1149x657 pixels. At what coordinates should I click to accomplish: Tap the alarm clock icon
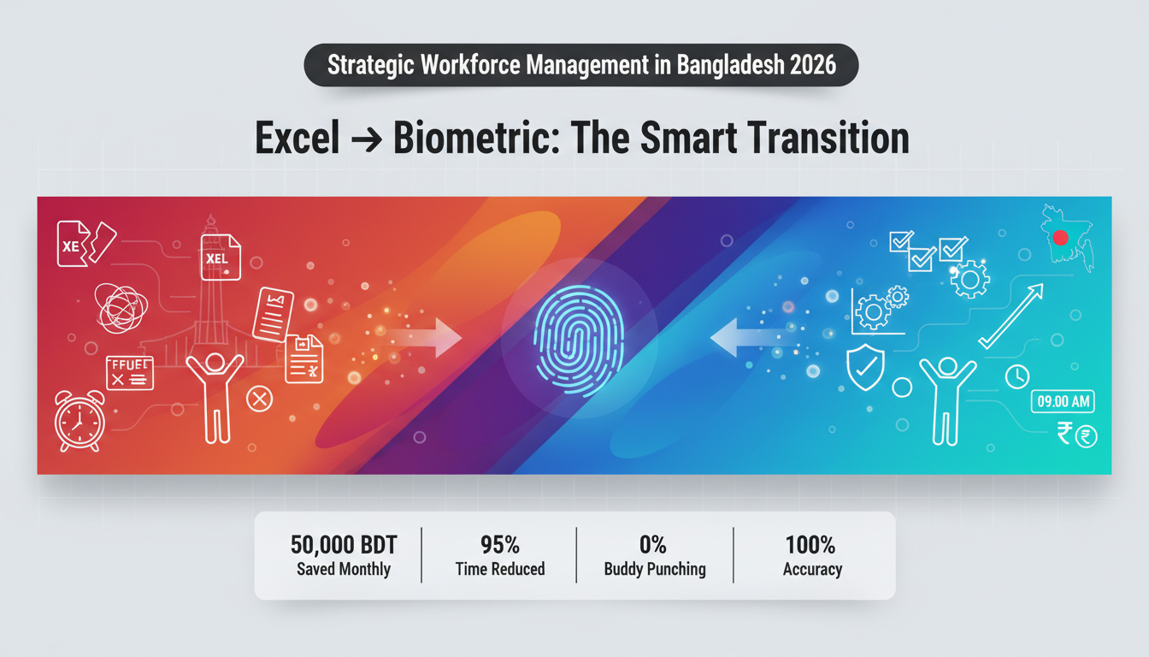[x=80, y=420]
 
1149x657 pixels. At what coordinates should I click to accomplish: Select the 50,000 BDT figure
[x=344, y=545]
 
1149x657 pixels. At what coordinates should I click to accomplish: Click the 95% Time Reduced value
[x=500, y=545]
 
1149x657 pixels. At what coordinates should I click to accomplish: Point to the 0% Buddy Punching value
[x=654, y=545]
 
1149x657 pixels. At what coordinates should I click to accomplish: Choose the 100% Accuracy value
[x=811, y=545]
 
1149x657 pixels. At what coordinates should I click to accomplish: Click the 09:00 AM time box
[x=1063, y=401]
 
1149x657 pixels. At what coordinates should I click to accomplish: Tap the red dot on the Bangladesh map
[x=1061, y=238]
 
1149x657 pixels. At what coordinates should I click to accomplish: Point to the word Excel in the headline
[x=298, y=139]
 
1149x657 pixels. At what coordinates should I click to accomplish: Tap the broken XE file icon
[x=84, y=243]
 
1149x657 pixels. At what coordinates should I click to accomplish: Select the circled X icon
[x=258, y=398]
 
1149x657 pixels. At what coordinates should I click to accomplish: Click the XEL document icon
[x=221, y=257]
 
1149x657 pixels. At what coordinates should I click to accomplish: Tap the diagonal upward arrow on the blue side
[x=1011, y=316]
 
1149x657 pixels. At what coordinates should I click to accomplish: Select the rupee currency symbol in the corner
[x=1065, y=435]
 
